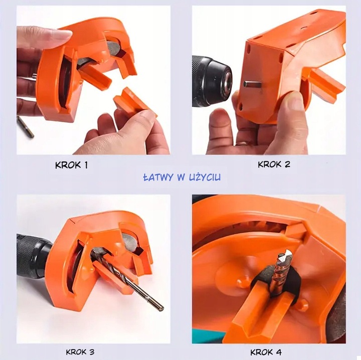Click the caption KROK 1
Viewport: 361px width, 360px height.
point(71,165)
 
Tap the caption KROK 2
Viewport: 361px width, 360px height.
point(274,164)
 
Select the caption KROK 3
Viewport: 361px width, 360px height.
point(80,352)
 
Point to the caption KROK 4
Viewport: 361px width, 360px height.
point(266,352)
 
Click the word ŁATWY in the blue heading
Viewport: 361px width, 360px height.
point(158,177)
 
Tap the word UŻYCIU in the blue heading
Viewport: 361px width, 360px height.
point(205,177)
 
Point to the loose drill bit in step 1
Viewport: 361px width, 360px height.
point(26,126)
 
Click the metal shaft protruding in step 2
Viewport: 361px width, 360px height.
point(252,84)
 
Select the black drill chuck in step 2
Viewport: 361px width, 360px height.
point(212,81)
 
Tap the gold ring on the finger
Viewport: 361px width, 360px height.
point(241,143)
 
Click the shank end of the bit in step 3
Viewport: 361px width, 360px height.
point(160,308)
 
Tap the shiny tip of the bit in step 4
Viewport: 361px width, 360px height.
point(287,254)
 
